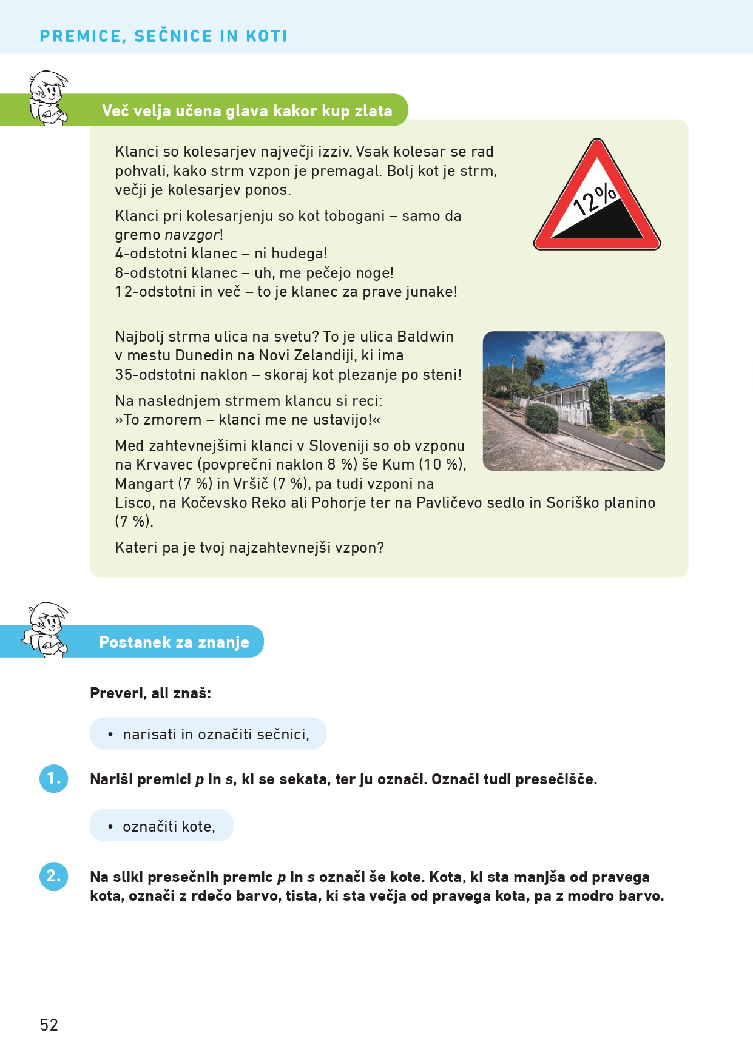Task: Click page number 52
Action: (49, 1025)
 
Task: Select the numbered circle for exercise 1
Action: (54, 778)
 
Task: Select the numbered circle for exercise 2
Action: (54, 876)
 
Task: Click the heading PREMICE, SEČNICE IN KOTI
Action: (163, 36)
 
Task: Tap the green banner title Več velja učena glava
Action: (247, 111)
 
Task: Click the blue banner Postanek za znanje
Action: (174, 642)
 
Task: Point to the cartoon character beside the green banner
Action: (49, 98)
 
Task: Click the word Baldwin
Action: (425, 337)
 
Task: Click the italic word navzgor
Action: (192, 235)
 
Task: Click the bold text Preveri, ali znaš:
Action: (150, 693)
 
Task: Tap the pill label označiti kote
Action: (161, 826)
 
